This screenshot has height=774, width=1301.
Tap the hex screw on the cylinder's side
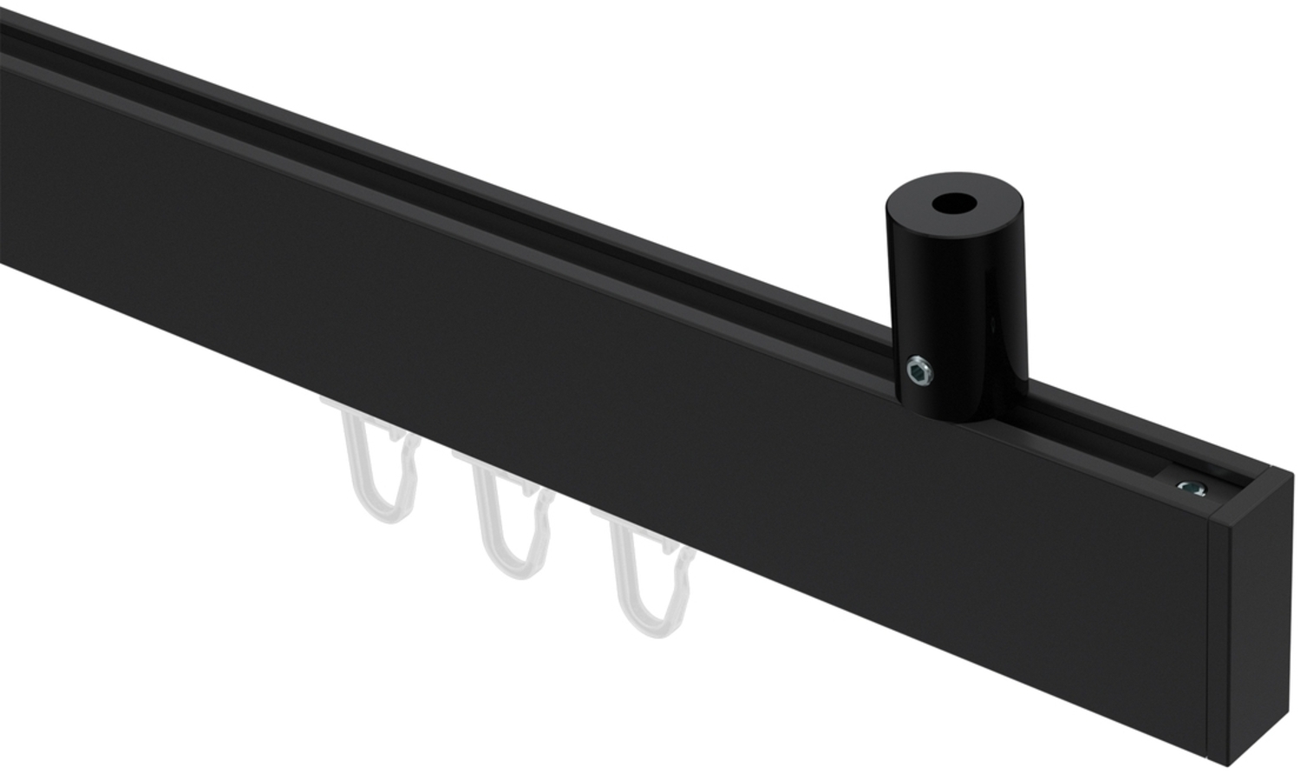pos(919,372)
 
